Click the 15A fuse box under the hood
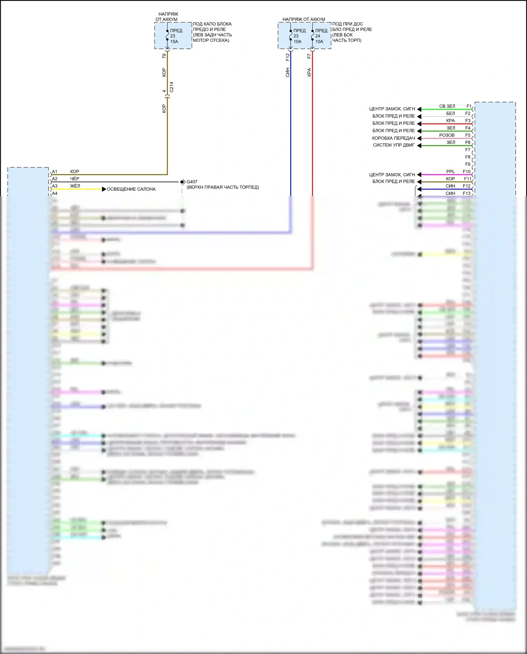pos(173,36)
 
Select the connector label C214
pos(171,87)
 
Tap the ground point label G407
pos(192,182)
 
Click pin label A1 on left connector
pos(54,172)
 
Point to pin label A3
pos(54,186)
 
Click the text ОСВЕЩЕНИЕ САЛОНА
pos(131,189)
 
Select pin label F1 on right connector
pos(469,106)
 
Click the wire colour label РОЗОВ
pos(447,135)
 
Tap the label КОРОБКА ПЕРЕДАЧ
pos(393,138)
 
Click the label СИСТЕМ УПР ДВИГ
pos(393,145)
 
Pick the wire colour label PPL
pos(450,171)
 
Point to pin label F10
pos(466,171)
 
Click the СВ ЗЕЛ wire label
pos(447,106)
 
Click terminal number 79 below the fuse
pos(164,56)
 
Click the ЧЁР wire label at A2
pos(74,179)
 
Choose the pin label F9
pos(468,164)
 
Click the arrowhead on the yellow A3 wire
pos(104,189)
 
